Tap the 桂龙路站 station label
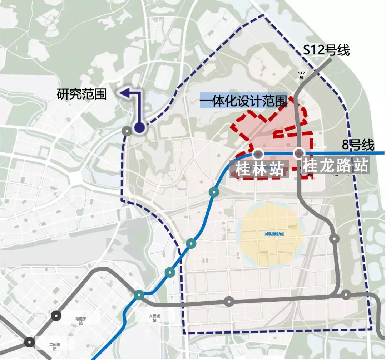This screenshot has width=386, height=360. click(x=336, y=166)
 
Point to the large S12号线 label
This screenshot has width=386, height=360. click(x=326, y=50)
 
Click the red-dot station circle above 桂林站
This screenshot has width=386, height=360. click(x=257, y=154)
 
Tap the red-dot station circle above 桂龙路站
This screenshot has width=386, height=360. click(x=299, y=154)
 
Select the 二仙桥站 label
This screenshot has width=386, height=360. click(x=55, y=346)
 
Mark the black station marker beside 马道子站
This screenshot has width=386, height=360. click(x=56, y=316)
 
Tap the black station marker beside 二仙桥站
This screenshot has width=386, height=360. click(x=30, y=342)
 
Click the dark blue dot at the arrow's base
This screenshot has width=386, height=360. click(x=139, y=128)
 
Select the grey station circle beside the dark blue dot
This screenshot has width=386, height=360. click(x=126, y=131)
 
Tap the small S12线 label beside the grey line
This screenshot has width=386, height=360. click(x=301, y=75)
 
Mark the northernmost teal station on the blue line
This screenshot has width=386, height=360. click(x=214, y=192)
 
